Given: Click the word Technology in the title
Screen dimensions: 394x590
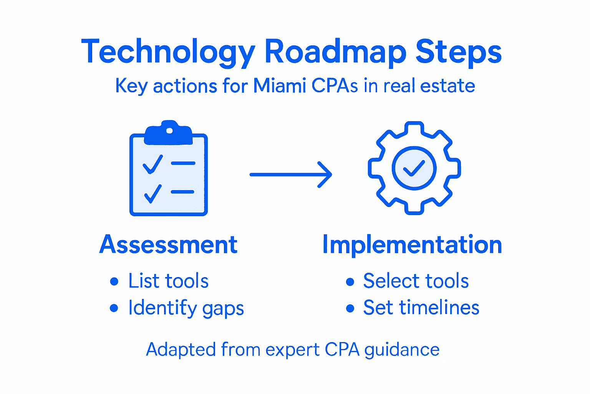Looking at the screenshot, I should coord(168,52).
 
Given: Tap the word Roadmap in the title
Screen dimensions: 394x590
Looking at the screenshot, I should coord(335,52).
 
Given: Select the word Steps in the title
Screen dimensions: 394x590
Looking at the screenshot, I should coord(459,52).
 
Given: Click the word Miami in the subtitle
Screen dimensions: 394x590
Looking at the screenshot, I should coord(279,86).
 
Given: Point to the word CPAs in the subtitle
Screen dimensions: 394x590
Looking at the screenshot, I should coord(335,86).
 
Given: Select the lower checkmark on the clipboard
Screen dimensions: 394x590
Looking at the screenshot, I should coord(152,193).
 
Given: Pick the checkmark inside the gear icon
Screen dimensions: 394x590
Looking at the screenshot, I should coord(414,168).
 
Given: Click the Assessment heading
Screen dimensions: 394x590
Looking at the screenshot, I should coord(168,245).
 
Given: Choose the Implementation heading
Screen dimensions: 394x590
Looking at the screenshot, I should coord(412,245).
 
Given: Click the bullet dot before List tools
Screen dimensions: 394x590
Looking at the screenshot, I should coord(114,281).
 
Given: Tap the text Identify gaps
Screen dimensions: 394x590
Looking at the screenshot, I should coord(186,308).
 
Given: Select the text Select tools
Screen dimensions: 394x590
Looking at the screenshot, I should coord(416,281).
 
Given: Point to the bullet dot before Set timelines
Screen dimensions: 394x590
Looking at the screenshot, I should coord(350,308).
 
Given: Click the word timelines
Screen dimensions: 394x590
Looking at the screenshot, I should coord(439,308).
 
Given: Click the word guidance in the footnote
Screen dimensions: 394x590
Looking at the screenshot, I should coord(402,350).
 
